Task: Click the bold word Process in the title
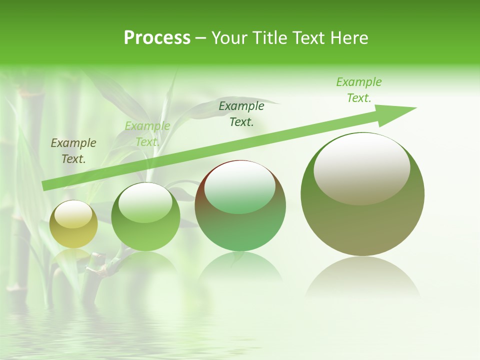click(x=157, y=38)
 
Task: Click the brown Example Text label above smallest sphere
click(x=73, y=151)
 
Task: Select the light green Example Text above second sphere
click(x=147, y=134)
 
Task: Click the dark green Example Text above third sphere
click(x=241, y=113)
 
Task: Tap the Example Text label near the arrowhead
click(x=358, y=90)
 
